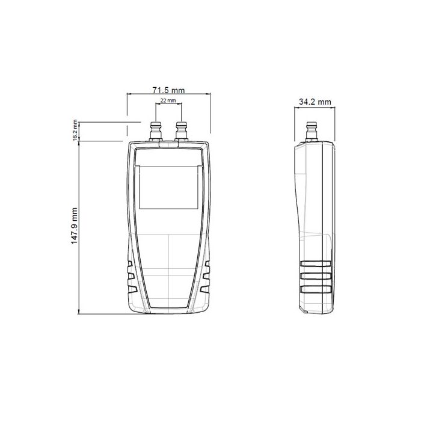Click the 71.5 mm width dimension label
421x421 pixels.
click(168, 90)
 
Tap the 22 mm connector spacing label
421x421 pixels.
click(168, 100)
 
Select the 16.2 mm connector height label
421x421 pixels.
click(75, 131)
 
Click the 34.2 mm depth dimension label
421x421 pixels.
click(315, 102)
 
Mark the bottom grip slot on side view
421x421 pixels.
click(315, 289)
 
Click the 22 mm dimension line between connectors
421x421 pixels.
click(168, 105)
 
